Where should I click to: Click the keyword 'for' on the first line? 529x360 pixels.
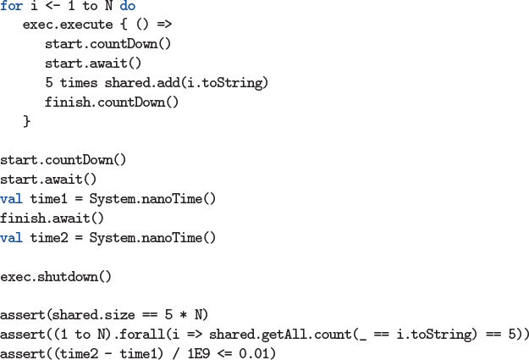[11, 6]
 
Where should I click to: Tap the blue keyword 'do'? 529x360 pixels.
[128, 6]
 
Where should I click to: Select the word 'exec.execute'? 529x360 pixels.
[68, 25]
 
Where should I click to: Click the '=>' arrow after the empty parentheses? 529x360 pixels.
[164, 25]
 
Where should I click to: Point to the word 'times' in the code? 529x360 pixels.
[79, 83]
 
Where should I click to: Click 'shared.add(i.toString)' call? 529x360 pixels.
[186, 83]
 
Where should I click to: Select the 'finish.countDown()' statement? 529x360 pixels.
[112, 102]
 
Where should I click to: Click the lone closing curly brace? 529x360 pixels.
[26, 121]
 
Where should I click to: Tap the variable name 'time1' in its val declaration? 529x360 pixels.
[48, 199]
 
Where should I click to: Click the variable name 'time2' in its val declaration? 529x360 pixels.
[49, 238]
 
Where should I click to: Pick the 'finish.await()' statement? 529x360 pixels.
[52, 219]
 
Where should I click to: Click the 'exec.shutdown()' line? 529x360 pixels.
[56, 277]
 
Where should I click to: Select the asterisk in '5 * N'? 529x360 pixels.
[183, 315]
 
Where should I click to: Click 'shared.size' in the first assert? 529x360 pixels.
[93, 315]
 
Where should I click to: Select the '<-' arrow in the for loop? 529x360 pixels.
[52, 6]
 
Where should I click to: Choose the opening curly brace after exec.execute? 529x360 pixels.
[124, 25]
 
